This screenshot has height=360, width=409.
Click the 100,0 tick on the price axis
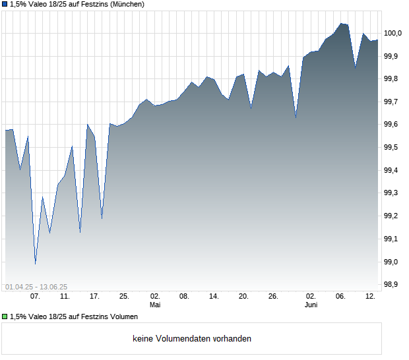point(393,33)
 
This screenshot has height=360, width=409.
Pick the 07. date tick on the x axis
point(35,296)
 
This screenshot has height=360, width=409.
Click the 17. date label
point(94,296)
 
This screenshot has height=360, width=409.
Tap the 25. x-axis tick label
point(124,296)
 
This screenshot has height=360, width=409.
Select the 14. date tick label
point(214,296)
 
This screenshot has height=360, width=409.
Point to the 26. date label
point(273,296)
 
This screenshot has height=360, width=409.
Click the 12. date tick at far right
point(371,296)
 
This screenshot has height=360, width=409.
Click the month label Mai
point(155,305)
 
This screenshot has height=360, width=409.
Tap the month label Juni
point(311,305)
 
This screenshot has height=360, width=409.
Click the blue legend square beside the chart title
point(4,4)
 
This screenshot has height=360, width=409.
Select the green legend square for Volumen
point(4,316)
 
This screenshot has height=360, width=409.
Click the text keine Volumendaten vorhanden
point(192,339)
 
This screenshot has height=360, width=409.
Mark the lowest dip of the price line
point(36,264)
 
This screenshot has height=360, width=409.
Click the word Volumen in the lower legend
point(123,316)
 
